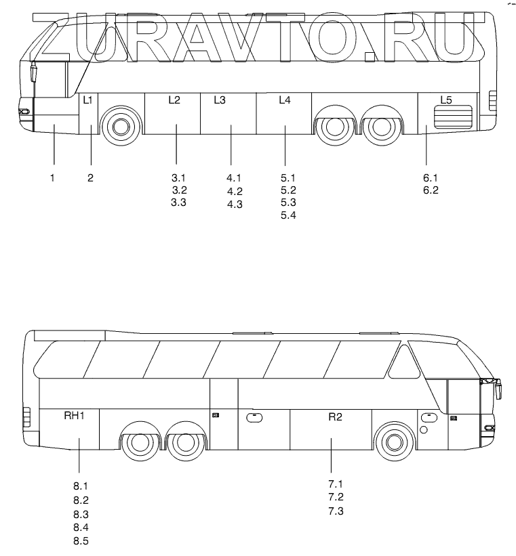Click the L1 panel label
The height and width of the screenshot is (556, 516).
(x=87, y=100)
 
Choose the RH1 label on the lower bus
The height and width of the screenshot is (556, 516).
(x=74, y=416)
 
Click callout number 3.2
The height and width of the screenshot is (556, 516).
(x=179, y=190)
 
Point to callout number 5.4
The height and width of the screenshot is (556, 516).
(x=288, y=215)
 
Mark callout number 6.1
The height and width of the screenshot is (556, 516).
(x=431, y=177)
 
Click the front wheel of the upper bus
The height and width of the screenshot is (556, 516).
(x=121, y=126)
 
